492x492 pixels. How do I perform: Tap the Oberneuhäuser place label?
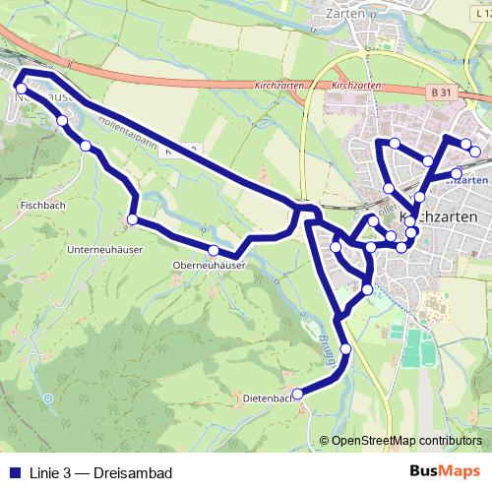[x=206, y=266]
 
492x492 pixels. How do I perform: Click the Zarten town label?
[x=345, y=14]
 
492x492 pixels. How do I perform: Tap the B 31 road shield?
[x=442, y=92]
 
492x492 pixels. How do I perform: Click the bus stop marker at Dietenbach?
[x=297, y=396]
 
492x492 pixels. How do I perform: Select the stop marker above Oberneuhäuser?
[x=214, y=250]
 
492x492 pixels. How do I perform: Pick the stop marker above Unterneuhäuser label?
[x=133, y=218]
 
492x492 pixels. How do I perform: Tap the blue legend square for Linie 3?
[x=13, y=470]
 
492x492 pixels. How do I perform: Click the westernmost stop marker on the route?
[x=22, y=89]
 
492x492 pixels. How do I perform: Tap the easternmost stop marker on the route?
[x=476, y=152]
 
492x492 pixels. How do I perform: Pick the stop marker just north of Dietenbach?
[x=345, y=349]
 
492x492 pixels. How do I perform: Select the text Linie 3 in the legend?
[x=55, y=470]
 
